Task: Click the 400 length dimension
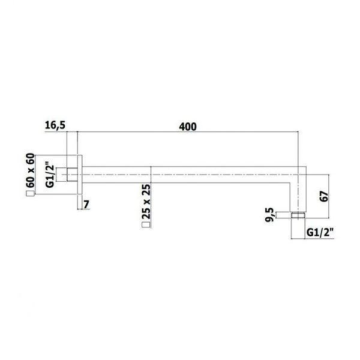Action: (188, 127)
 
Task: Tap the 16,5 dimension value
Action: (55, 125)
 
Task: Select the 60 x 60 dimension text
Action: (31, 170)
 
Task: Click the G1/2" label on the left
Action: (50, 175)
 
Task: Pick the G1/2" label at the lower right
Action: (320, 233)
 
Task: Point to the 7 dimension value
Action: (86, 205)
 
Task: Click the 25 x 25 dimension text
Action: (146, 201)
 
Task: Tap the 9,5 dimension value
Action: (269, 215)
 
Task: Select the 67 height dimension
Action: (324, 196)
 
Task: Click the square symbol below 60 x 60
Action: (31, 194)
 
